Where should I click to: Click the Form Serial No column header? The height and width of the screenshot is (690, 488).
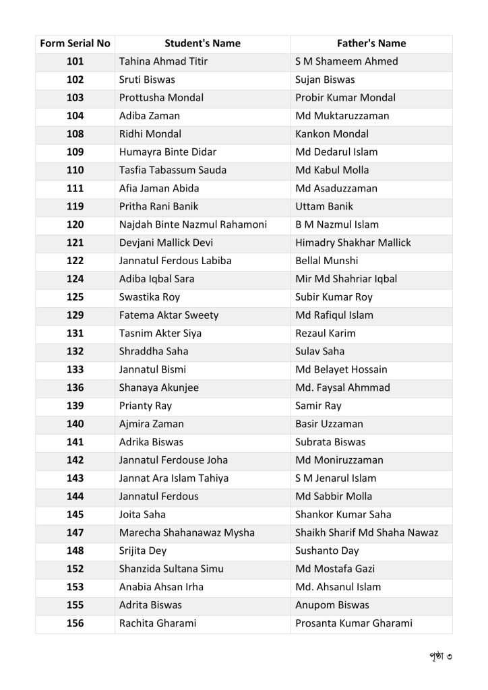(x=75, y=44)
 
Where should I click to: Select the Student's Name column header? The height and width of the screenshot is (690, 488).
(x=202, y=44)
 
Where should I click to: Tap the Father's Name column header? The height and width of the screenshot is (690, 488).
(x=371, y=44)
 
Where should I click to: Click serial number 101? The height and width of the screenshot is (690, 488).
(x=75, y=61)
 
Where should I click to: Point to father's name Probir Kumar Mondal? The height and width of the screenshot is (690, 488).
(x=346, y=98)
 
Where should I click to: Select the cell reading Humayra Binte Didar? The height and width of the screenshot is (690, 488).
(x=168, y=152)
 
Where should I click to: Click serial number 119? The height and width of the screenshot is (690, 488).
(x=75, y=207)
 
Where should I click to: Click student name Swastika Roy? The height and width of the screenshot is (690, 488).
(x=150, y=297)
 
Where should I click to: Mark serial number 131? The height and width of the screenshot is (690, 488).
(x=75, y=334)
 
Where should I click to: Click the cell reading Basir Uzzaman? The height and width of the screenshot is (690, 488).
(x=329, y=425)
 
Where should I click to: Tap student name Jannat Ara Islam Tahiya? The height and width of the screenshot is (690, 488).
(x=174, y=478)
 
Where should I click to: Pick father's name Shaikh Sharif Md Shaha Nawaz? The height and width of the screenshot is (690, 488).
(x=367, y=533)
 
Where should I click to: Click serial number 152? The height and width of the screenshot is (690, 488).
(x=75, y=569)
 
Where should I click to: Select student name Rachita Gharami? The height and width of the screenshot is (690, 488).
(x=158, y=624)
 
